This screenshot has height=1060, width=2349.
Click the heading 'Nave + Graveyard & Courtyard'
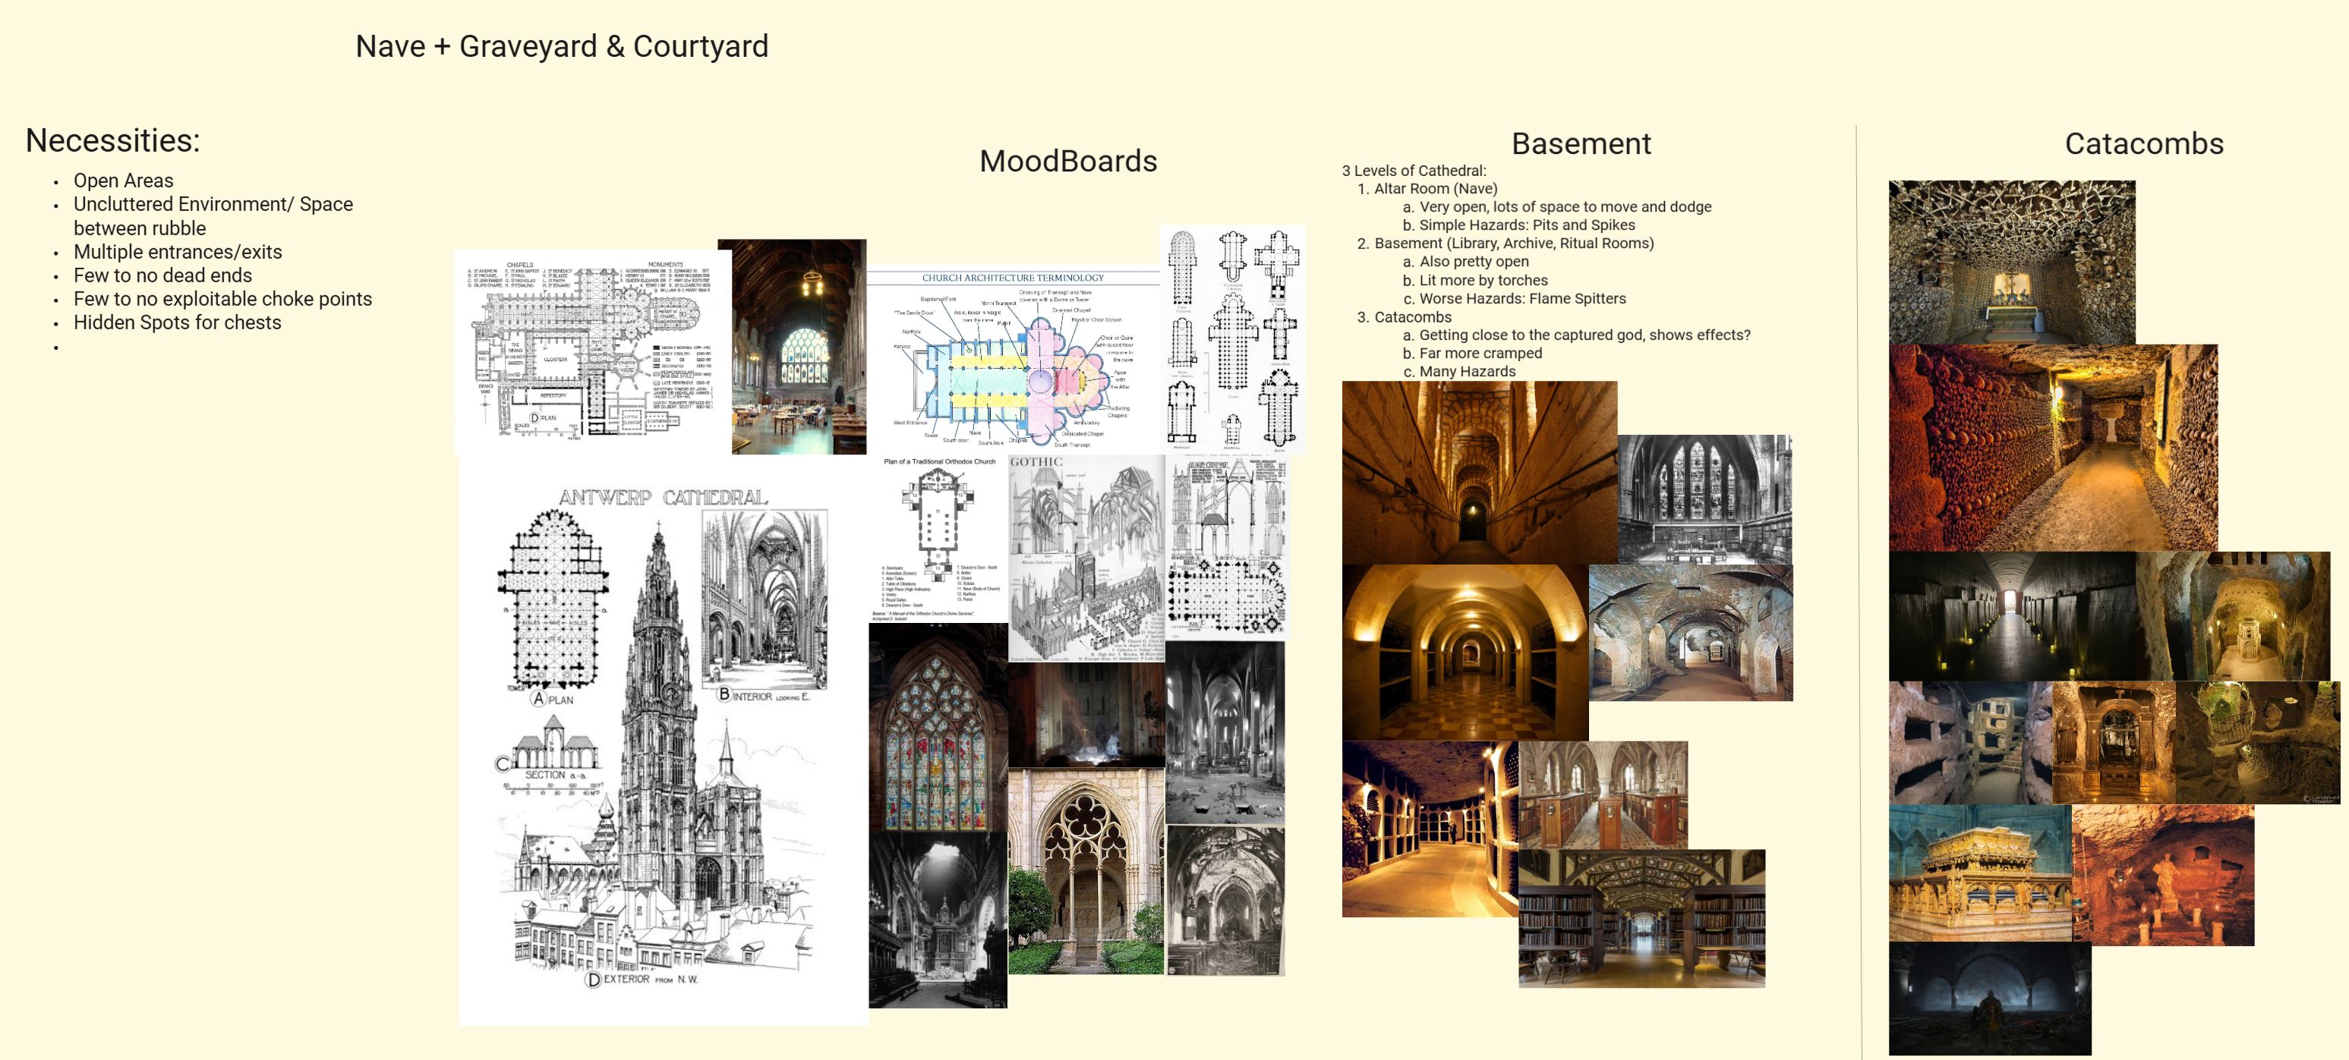[562, 46]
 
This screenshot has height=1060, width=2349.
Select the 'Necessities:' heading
[112, 140]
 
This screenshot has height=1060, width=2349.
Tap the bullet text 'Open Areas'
[123, 181]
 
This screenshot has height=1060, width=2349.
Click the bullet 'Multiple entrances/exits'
[178, 252]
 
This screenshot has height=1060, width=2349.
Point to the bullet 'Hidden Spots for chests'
[177, 322]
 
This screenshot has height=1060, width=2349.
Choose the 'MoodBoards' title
[1067, 162]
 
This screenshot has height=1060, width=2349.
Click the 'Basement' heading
[1580, 144]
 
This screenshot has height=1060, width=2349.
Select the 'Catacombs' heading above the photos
[2143, 144]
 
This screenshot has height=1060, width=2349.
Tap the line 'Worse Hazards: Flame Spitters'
[1522, 298]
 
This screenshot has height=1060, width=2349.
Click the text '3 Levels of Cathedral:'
[1414, 171]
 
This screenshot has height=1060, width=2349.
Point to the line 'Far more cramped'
[1480, 353]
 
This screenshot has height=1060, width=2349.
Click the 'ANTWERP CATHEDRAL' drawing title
[663, 498]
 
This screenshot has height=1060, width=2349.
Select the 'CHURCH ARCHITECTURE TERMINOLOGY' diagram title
[1012, 278]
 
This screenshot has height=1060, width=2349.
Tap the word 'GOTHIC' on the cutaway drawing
[1036, 462]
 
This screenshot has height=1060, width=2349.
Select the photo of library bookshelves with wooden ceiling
[1641, 919]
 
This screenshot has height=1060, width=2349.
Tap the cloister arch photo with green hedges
[1085, 870]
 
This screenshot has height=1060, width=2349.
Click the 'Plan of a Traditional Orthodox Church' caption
[939, 461]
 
